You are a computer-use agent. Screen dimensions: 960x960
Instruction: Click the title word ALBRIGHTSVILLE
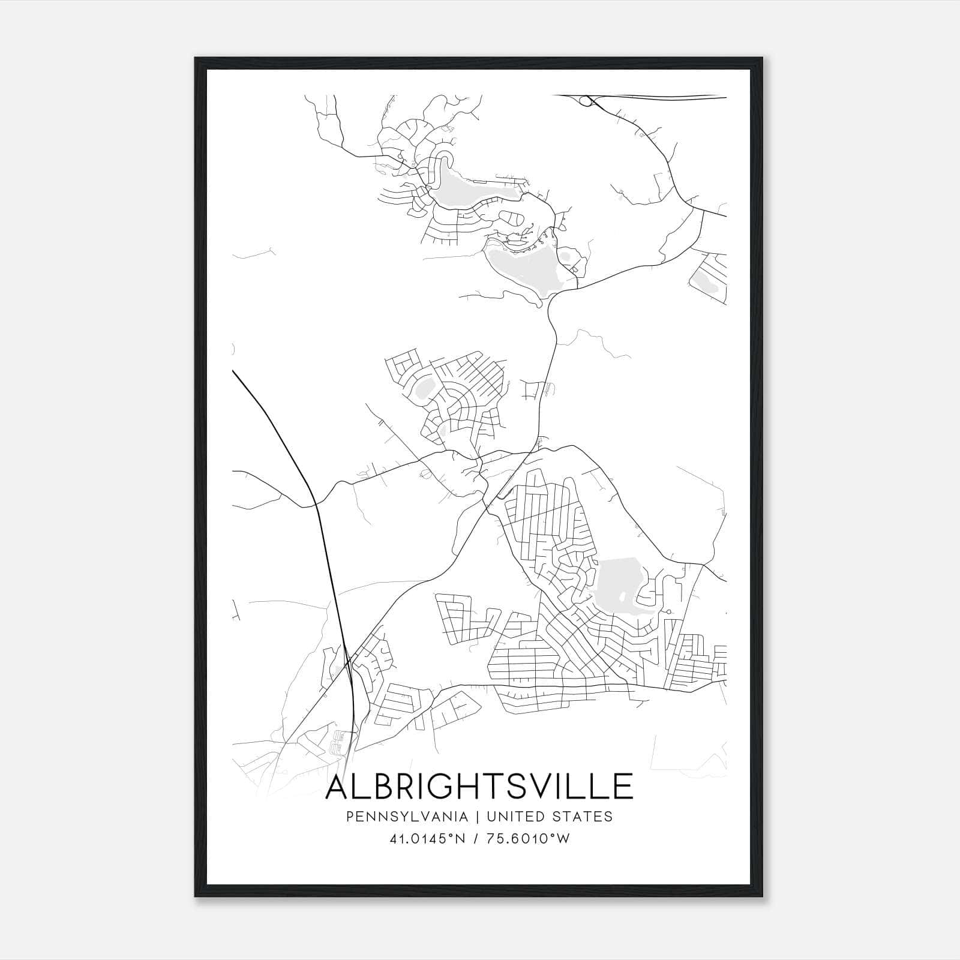tap(479, 787)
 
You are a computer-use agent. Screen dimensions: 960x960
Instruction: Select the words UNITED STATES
tap(549, 817)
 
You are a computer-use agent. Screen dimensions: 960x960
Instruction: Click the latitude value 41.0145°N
tap(427, 839)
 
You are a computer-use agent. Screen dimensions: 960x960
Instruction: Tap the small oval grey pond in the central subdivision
tap(424, 388)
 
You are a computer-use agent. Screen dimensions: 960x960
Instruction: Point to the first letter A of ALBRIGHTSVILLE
tap(338, 787)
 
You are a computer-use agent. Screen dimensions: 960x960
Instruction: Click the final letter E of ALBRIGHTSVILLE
tap(623, 787)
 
